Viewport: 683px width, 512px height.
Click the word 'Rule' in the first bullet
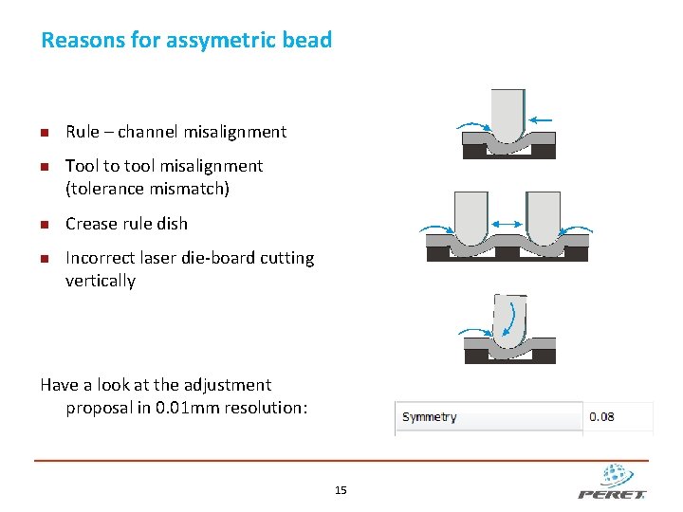82,132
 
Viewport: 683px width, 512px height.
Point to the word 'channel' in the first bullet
148,132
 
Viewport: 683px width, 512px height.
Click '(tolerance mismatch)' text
147,189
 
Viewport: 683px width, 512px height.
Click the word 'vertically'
101,281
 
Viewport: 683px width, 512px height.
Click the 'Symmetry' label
429,417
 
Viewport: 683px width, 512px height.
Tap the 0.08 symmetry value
601,417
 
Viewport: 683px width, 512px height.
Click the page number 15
341,490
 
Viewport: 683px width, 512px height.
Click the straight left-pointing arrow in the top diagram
542,119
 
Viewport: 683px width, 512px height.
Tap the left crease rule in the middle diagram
471,216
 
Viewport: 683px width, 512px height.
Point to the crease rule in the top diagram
508,114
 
